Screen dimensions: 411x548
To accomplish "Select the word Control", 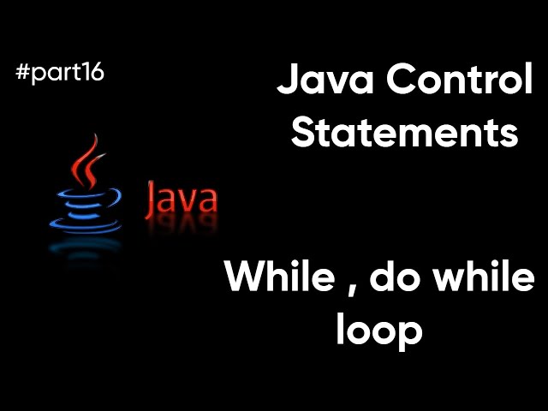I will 458,84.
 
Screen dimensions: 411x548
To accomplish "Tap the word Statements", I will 405,134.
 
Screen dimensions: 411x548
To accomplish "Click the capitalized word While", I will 277,281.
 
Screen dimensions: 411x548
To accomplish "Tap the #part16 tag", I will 59,74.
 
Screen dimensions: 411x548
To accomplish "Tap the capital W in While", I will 244,281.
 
